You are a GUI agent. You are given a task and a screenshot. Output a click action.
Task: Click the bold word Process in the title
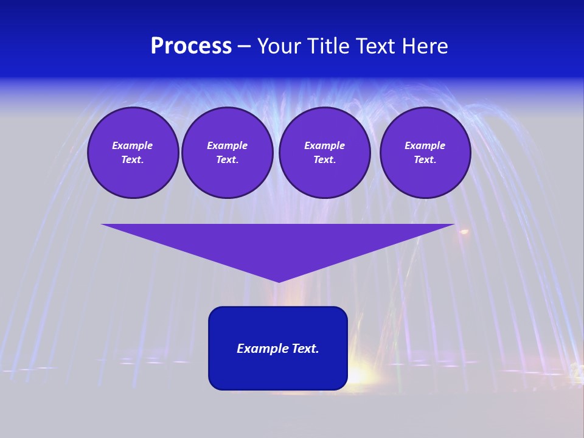click(x=191, y=46)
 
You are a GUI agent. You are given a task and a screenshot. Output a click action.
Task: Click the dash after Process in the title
click(x=244, y=47)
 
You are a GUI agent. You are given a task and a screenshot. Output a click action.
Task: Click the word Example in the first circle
click(x=133, y=145)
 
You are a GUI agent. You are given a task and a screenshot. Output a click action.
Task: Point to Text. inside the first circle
click(x=133, y=160)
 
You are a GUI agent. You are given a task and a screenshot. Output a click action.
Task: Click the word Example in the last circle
click(x=425, y=145)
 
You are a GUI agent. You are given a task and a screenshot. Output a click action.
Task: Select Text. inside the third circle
click(x=325, y=160)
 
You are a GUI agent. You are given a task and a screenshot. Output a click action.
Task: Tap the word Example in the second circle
click(x=228, y=145)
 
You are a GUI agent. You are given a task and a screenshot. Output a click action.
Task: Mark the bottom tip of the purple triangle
click(x=279, y=280)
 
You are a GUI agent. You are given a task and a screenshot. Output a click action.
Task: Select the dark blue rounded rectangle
click(x=278, y=371)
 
